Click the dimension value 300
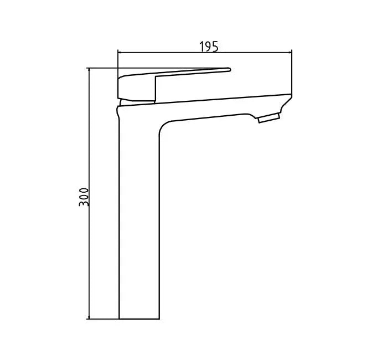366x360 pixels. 84,197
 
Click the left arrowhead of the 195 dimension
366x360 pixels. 121,53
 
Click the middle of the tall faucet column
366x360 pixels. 138,222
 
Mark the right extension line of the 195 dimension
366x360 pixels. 292,72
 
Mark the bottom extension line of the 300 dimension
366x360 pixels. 102,319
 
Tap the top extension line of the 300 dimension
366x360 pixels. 102,68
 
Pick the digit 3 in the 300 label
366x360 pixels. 84,203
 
